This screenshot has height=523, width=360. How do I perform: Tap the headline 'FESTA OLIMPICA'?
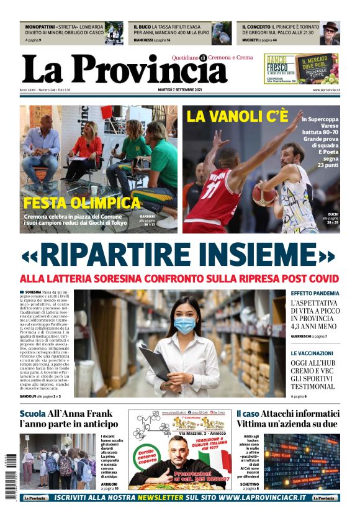click(x=82, y=203)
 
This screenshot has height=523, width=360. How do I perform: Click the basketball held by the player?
click(x=263, y=194)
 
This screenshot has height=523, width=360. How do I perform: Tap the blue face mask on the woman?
click(x=184, y=325)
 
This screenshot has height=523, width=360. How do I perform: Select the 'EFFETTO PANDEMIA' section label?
click(x=315, y=293)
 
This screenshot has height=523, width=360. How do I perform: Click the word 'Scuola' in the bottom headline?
click(x=32, y=414)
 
